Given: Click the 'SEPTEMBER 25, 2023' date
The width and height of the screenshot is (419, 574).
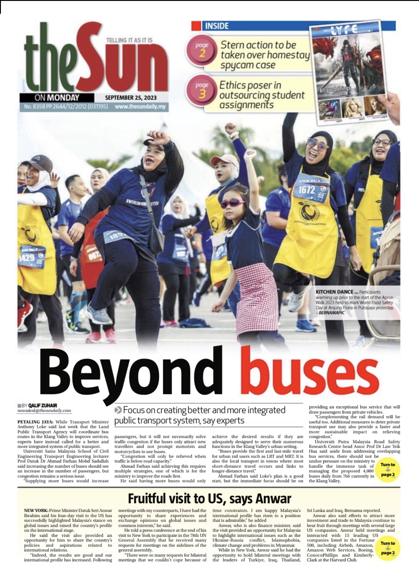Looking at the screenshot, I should point(131,98).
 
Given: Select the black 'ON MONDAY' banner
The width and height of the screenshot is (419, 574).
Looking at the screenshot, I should point(57,98).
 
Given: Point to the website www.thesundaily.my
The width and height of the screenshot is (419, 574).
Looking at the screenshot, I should point(140,107).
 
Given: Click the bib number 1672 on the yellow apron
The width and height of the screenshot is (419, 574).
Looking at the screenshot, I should point(307,190).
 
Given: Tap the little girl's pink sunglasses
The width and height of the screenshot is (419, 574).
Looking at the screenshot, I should point(232,203).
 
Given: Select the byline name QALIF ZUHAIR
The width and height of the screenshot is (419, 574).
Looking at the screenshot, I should point(43,405).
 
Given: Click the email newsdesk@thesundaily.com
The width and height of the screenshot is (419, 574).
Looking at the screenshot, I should point(44,410).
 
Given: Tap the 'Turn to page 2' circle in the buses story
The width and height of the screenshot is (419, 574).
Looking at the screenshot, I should point(388,469).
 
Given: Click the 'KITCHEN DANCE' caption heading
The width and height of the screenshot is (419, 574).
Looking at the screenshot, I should point(334,292).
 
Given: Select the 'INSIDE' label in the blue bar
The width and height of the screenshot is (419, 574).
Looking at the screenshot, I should point(216,26).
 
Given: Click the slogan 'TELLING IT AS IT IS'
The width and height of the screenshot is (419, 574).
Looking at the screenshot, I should point(129,40).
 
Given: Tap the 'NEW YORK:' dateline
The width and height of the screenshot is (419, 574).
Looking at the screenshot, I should point(36,511).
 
